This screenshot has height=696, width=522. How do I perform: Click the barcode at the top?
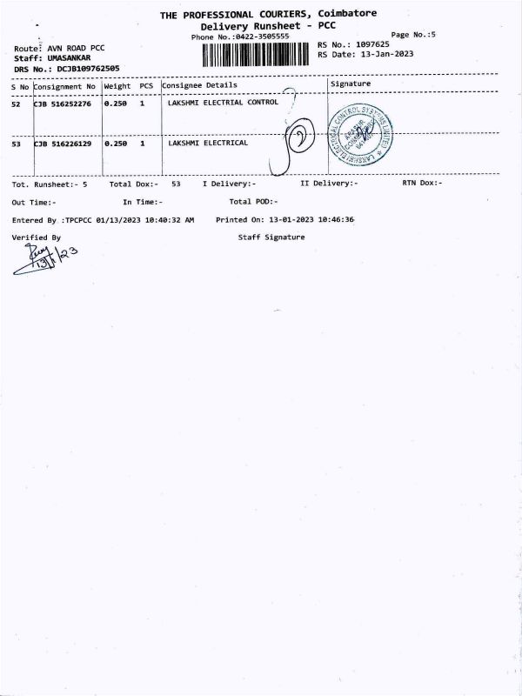click(258, 54)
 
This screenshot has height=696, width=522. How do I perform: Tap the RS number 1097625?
click(384, 43)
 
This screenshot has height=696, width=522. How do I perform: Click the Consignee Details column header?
click(199, 85)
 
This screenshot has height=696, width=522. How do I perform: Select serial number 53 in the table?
click(16, 144)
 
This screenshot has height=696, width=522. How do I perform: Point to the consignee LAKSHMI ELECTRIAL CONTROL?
click(223, 103)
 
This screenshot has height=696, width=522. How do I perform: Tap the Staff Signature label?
click(271, 237)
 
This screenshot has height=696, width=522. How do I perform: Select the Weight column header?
click(117, 86)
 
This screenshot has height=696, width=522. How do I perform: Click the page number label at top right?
click(413, 35)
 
